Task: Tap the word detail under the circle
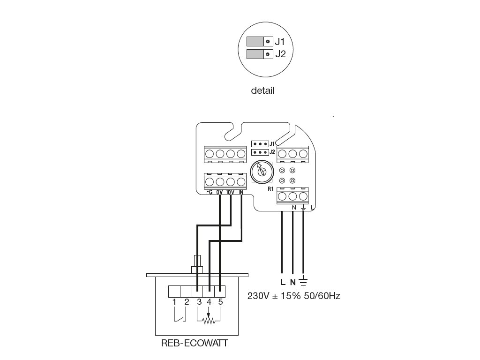[x=263, y=90]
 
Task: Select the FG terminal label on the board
[x=209, y=192]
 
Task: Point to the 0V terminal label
[x=219, y=192]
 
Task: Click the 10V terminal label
[x=230, y=192]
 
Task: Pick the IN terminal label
[x=241, y=192]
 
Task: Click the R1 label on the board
[x=270, y=189]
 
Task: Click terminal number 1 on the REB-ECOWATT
[x=174, y=301]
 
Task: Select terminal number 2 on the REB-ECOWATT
[x=186, y=301]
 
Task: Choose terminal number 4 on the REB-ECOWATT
[x=209, y=301]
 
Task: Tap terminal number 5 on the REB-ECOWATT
[x=220, y=301]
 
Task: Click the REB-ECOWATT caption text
[x=194, y=343]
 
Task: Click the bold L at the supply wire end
[x=282, y=282]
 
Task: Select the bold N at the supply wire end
[x=293, y=282]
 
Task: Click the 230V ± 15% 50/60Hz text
[x=293, y=297]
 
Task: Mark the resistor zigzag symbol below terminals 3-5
[x=209, y=321]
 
